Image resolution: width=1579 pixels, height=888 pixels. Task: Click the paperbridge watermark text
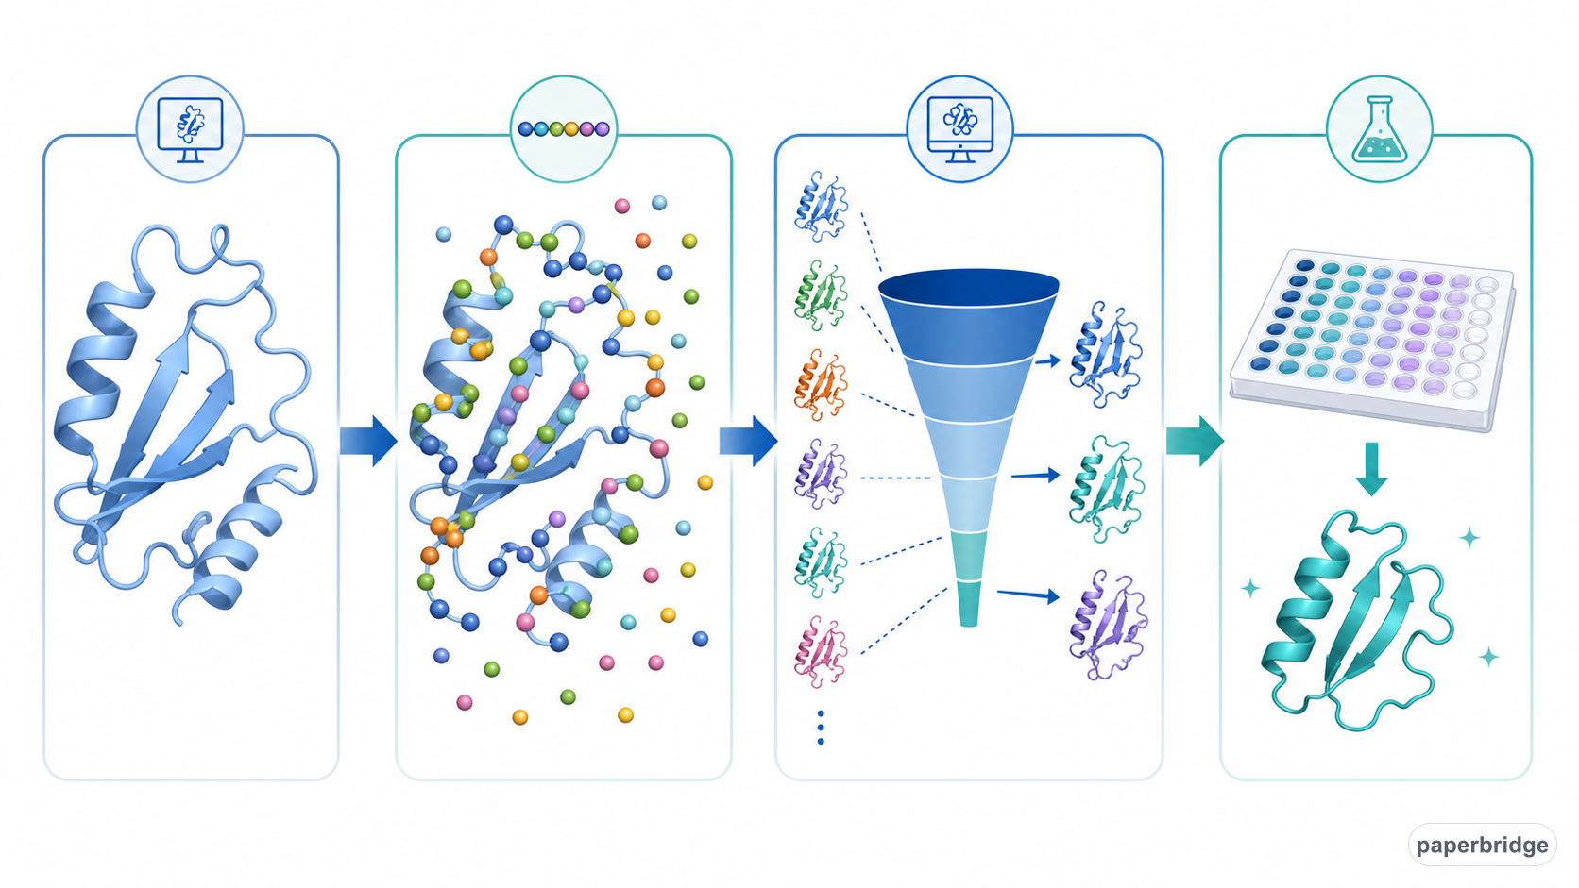tap(1482, 845)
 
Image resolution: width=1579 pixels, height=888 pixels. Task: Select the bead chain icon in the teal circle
tap(563, 129)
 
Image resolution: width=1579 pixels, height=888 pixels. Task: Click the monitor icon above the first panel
tap(191, 130)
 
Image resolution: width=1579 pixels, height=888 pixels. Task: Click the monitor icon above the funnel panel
tap(960, 130)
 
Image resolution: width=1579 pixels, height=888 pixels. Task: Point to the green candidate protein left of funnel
tap(820, 294)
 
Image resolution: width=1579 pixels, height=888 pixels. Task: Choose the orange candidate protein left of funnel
tap(820, 384)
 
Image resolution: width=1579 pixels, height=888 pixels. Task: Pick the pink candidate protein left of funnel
tap(820, 651)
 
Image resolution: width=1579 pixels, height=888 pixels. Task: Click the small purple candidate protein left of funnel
tap(820, 473)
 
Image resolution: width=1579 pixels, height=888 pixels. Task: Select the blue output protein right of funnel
tap(1105, 354)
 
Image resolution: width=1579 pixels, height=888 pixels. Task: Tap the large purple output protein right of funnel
tap(1108, 625)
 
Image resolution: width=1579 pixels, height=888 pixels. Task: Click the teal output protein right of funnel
tap(1105, 489)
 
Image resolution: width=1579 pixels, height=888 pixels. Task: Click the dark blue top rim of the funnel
tap(969, 288)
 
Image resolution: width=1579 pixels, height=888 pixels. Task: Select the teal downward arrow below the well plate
tap(1371, 469)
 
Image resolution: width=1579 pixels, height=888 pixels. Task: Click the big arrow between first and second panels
tap(368, 441)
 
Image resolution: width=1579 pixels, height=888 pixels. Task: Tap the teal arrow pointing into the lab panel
tap(1195, 441)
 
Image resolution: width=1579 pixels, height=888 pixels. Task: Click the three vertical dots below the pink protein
tap(821, 728)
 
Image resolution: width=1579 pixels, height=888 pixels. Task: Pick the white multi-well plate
tap(1372, 339)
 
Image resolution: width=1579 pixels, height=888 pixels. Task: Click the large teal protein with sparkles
tap(1357, 620)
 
